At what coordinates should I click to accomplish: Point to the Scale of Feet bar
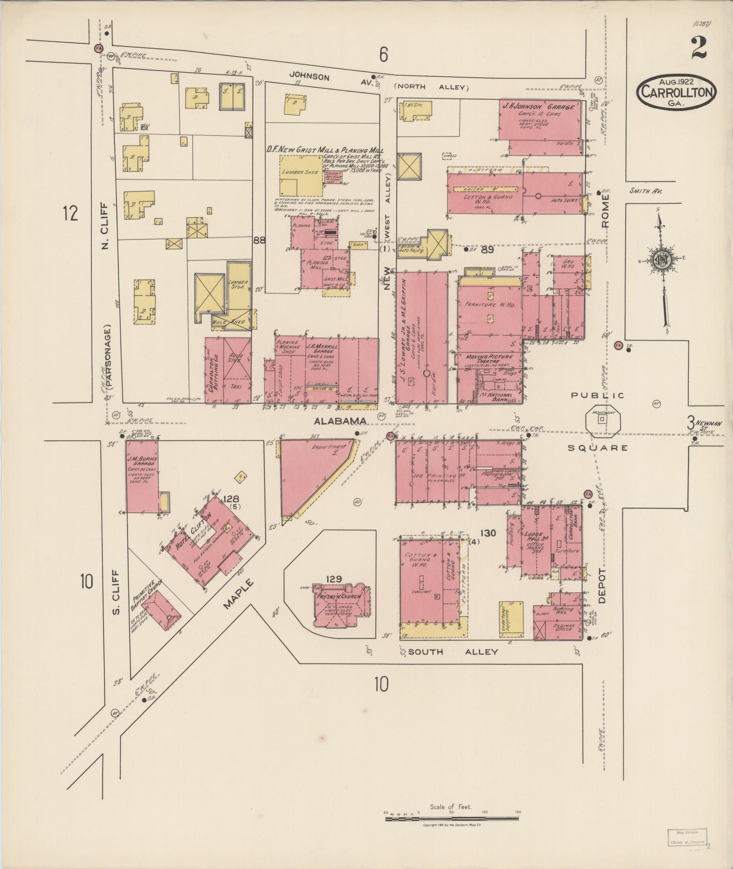(x=453, y=819)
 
